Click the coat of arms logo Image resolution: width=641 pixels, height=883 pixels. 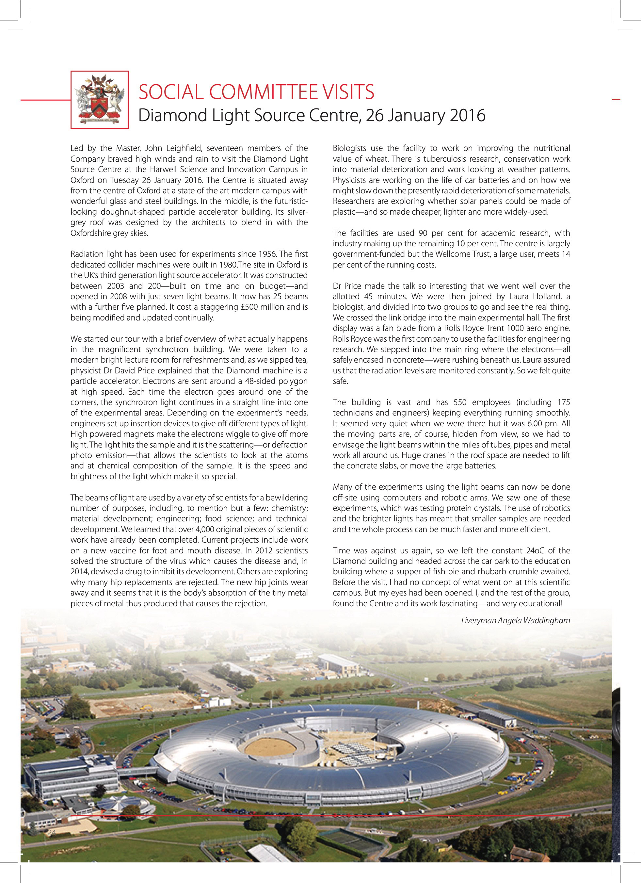[100, 100]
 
